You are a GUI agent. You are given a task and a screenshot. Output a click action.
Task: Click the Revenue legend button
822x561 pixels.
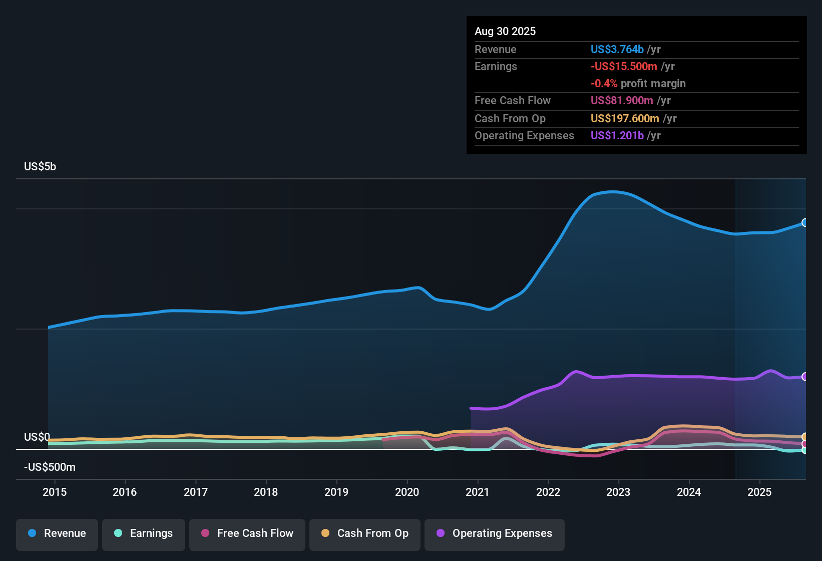[x=57, y=533]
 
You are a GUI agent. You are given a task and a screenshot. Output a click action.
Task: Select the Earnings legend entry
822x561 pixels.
[x=144, y=533]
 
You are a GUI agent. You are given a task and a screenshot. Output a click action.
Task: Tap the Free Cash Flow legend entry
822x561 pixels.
[x=247, y=533]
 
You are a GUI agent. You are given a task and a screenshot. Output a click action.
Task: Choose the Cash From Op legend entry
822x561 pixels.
[x=365, y=533]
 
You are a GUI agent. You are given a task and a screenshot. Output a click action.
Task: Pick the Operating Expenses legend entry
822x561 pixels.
[x=495, y=533]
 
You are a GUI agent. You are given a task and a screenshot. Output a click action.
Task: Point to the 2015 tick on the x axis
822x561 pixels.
[x=55, y=492]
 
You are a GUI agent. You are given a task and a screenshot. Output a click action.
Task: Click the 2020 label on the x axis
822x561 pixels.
[x=407, y=492]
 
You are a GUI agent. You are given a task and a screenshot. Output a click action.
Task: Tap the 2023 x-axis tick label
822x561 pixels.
[x=618, y=492]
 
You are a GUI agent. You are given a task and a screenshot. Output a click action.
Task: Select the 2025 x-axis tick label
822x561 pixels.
[x=759, y=492]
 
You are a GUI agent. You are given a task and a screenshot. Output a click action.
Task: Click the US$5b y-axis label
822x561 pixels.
[x=40, y=167]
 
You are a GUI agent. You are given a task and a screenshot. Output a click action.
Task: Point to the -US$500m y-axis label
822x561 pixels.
[x=50, y=467]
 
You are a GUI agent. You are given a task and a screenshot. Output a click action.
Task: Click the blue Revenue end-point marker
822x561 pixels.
[x=804, y=222]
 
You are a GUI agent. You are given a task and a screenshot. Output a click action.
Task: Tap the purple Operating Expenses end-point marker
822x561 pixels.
[x=804, y=377]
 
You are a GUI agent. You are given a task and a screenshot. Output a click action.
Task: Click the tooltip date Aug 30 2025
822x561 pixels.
[x=505, y=32]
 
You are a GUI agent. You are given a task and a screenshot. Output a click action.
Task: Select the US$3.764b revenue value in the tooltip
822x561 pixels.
[x=617, y=50]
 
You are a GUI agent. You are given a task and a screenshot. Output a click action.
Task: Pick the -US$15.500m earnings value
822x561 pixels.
[x=624, y=67]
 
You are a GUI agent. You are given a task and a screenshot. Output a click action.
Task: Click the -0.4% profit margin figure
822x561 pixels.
[x=604, y=84]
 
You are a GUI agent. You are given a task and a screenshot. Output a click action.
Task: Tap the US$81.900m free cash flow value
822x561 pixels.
[x=622, y=101]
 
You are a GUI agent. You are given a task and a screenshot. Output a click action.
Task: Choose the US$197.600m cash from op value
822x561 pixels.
[x=625, y=119]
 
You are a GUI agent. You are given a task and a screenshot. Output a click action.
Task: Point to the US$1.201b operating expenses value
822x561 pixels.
[x=617, y=136]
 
